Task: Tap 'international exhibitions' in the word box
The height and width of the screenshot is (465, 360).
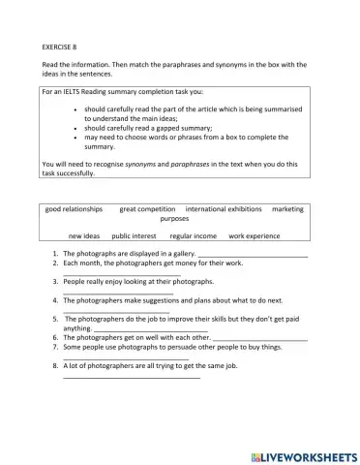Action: [x=223, y=208]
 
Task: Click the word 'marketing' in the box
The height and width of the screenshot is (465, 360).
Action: [x=287, y=208]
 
